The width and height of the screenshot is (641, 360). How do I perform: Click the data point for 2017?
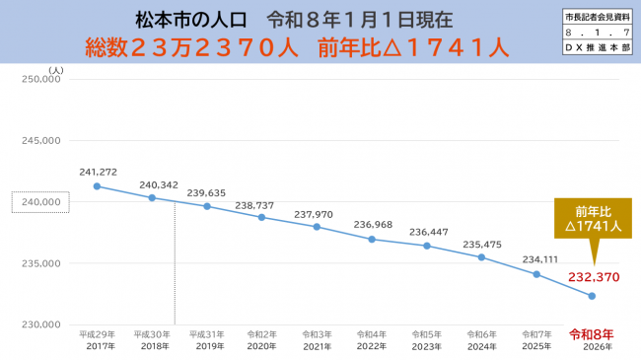(97, 186)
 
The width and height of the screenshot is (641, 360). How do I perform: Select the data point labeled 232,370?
(592, 296)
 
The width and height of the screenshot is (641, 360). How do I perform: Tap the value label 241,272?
(99, 172)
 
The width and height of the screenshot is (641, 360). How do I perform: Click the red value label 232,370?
(592, 277)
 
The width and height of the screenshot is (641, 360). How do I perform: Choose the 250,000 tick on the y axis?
(41, 81)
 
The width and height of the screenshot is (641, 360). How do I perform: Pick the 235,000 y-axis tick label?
(41, 263)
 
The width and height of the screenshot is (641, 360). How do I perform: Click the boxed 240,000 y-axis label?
(40, 202)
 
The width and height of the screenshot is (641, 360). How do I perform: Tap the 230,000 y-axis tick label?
(41, 324)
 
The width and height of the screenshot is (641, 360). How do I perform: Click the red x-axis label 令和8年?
(592, 333)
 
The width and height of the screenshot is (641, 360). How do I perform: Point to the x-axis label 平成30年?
(152, 334)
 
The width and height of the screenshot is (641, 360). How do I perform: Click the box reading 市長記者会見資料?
(597, 19)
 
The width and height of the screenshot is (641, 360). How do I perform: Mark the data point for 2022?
(372, 239)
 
